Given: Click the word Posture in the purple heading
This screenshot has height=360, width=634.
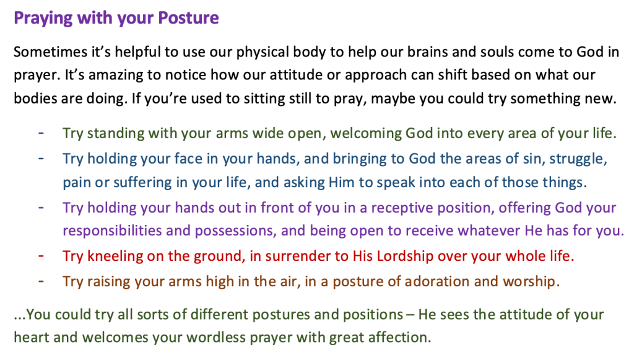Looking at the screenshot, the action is click(x=188, y=18).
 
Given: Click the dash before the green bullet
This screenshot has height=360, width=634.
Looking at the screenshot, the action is click(x=41, y=133).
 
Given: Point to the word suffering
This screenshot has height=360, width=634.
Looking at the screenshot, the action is click(x=142, y=183).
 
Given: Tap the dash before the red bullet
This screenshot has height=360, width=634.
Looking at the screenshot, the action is click(x=41, y=256).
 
